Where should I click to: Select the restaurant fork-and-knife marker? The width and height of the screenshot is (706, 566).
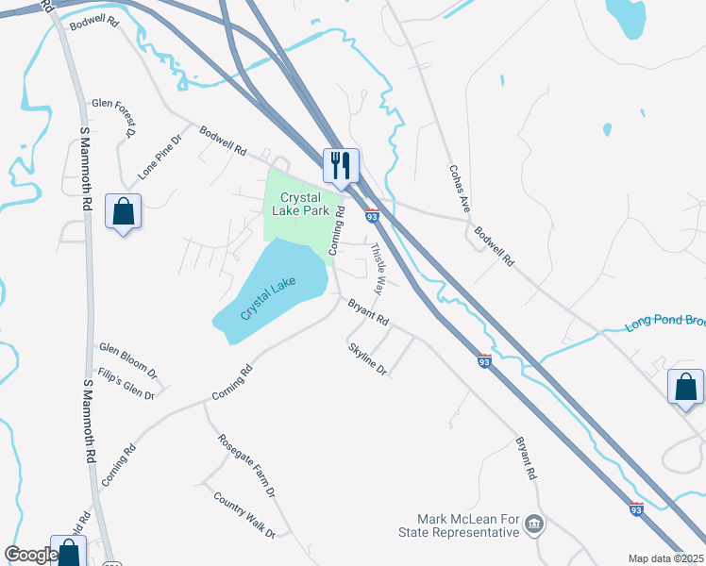[340, 166]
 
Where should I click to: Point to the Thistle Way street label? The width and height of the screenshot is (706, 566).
[378, 269]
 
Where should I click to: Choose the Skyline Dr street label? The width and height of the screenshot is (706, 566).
[368, 359]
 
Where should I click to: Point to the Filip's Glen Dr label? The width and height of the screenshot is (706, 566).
[126, 383]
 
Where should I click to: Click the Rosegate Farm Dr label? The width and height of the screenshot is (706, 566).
[246, 465]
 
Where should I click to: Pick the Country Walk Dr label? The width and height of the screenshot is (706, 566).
[244, 514]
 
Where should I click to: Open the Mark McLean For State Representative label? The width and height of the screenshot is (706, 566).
[469, 525]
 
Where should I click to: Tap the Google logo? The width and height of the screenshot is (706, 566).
[31, 555]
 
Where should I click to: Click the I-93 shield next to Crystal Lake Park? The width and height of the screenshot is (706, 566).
[372, 216]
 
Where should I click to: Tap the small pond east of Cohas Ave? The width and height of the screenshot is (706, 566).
[607, 129]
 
